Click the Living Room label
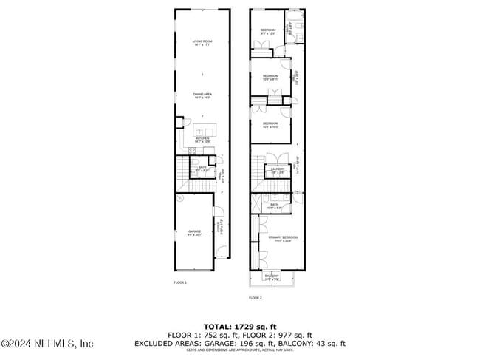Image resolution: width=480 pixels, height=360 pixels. click(x=198, y=41)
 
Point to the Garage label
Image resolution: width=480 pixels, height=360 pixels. click(x=194, y=231)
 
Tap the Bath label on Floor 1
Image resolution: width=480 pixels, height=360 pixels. click(x=202, y=168)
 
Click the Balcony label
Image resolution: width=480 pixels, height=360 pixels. click(x=271, y=276)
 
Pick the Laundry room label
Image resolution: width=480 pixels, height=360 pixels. click(x=277, y=170)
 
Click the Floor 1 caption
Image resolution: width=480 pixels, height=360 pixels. click(x=180, y=282)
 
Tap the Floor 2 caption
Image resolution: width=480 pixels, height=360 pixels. click(x=256, y=297)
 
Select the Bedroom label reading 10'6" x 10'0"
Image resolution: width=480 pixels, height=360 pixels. click(x=270, y=124)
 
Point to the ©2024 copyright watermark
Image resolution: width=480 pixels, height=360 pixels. click(x=47, y=343)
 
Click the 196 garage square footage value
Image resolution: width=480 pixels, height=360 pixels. click(x=261, y=343)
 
